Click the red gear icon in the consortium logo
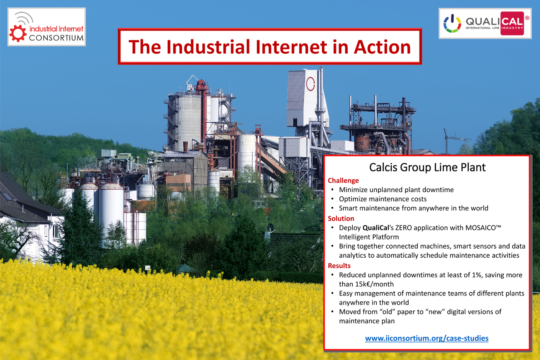click(18, 34)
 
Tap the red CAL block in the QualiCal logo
click(512, 24)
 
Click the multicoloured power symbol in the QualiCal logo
click(452, 24)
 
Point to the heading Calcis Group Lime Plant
click(427, 167)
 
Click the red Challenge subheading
click(343, 180)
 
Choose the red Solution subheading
click(341, 219)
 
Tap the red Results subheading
click(339, 265)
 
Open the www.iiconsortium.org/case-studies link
click(427, 338)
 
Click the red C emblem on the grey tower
click(310, 84)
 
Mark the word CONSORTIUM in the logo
click(56, 38)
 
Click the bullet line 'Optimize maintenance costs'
click(383, 199)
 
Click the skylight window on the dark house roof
click(6, 196)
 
